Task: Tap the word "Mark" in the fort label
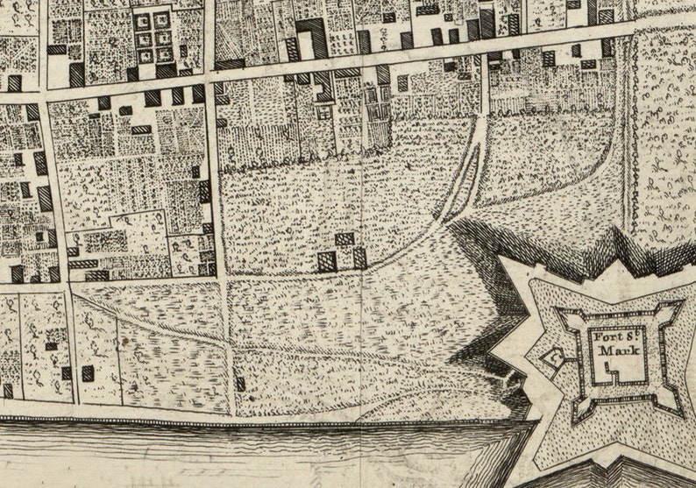point(618,352)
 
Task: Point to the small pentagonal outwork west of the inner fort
point(553,357)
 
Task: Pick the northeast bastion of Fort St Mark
point(671,312)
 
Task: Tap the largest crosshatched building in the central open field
point(327,261)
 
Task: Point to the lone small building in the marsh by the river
point(240,384)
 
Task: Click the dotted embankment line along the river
point(263,422)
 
